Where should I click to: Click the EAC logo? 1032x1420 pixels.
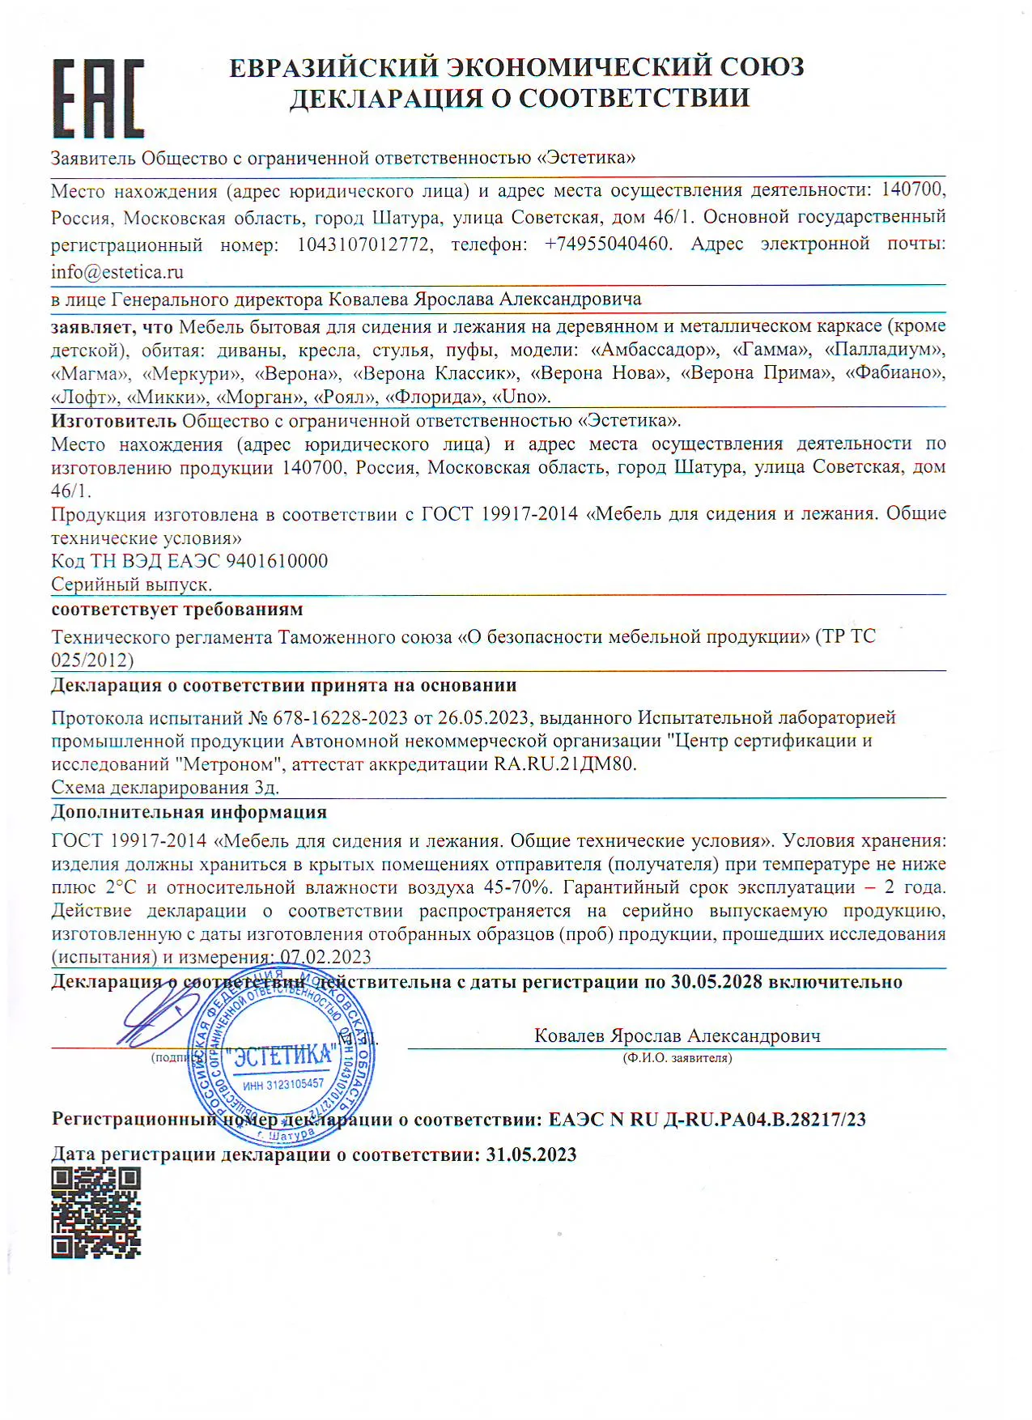pos(99,98)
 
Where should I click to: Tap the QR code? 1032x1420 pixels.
pos(96,1212)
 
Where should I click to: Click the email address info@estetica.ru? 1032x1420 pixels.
pos(117,272)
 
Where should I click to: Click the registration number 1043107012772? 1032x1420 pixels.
pos(364,244)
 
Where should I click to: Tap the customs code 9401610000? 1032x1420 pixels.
pos(277,561)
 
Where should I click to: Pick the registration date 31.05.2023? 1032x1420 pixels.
pos(531,1154)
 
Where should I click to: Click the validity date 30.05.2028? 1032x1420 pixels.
pos(716,982)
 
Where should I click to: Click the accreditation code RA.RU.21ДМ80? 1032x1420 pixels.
pos(565,764)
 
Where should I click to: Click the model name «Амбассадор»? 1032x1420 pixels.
pos(656,350)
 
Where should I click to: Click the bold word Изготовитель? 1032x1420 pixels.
pos(113,420)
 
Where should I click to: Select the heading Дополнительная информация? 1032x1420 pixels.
pos(189,811)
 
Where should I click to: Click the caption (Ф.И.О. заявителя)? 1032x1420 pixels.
pos(677,1058)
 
